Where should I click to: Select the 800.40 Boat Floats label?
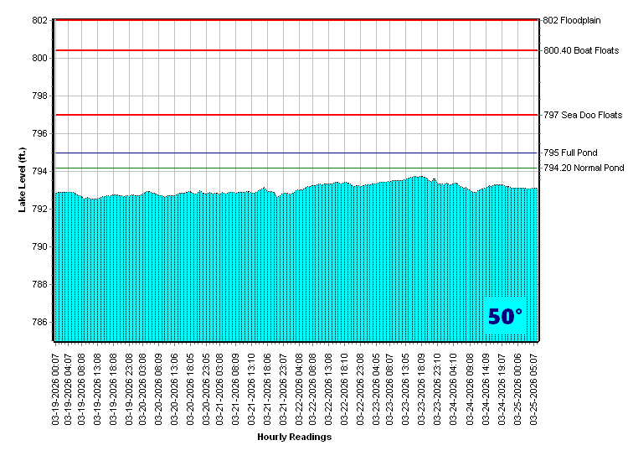[x=581, y=50]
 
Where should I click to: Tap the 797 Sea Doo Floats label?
[x=583, y=115]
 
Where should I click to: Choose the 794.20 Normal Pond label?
[x=584, y=168]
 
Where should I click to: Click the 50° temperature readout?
[x=505, y=317]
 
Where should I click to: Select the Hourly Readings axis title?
[x=294, y=437]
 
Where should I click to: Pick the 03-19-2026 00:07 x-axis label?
[x=56, y=386]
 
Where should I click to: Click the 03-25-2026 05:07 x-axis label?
[x=534, y=386]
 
